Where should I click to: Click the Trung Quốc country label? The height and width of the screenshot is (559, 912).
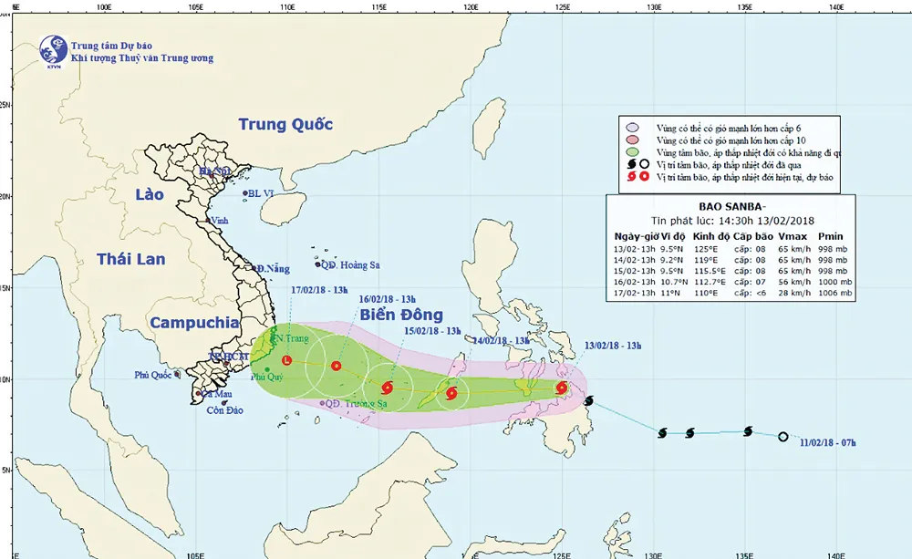click(x=285, y=125)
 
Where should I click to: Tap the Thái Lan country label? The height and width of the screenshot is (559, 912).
click(x=131, y=259)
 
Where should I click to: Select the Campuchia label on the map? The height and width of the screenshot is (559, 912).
click(x=193, y=323)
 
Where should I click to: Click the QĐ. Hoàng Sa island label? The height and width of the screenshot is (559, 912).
click(x=349, y=265)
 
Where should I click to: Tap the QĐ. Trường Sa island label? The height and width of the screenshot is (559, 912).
click(x=357, y=403)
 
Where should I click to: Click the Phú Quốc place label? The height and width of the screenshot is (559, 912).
click(x=153, y=374)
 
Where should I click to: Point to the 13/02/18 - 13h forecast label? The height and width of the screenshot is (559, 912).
click(x=613, y=346)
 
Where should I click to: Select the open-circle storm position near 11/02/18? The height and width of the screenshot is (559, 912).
click(x=782, y=437)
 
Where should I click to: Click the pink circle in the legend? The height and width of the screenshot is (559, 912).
click(x=630, y=127)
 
